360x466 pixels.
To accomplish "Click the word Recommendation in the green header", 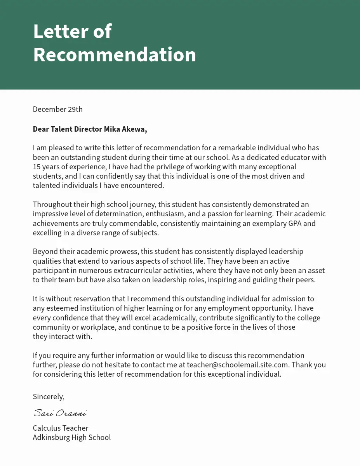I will click(x=115, y=55).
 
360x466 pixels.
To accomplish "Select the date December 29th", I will click(x=57, y=109).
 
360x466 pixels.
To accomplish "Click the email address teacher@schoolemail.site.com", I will click(x=238, y=365).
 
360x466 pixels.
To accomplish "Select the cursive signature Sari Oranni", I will click(x=60, y=412).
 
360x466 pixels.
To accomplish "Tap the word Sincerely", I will click(x=49, y=396).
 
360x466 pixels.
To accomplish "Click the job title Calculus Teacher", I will click(x=61, y=428).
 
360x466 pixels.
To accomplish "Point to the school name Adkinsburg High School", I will click(x=72, y=437).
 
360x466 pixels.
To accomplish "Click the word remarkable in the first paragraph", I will click(x=235, y=148).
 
